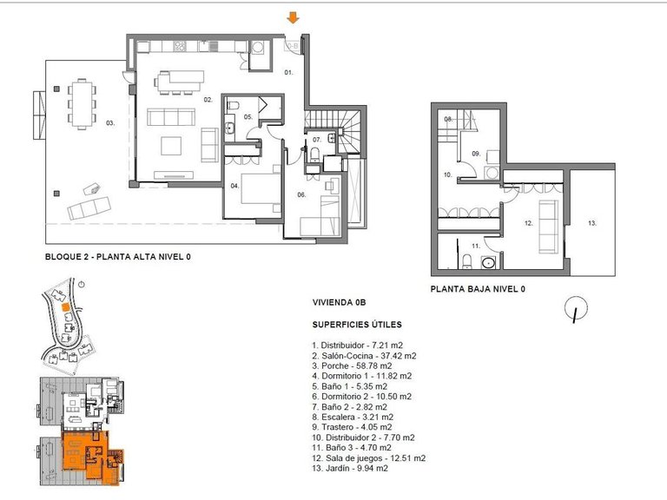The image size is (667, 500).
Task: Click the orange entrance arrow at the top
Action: [294, 17]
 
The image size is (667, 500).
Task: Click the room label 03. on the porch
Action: [110, 123]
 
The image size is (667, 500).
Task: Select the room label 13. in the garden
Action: [592, 222]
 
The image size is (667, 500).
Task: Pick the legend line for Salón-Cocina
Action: [364, 355]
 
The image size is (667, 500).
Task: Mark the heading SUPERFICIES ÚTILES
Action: [357, 325]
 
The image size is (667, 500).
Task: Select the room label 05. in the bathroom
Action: [248, 117]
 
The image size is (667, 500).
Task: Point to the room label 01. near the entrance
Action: [290, 72]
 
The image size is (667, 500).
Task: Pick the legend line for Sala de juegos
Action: [368, 457]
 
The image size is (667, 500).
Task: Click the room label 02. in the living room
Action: [208, 100]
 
